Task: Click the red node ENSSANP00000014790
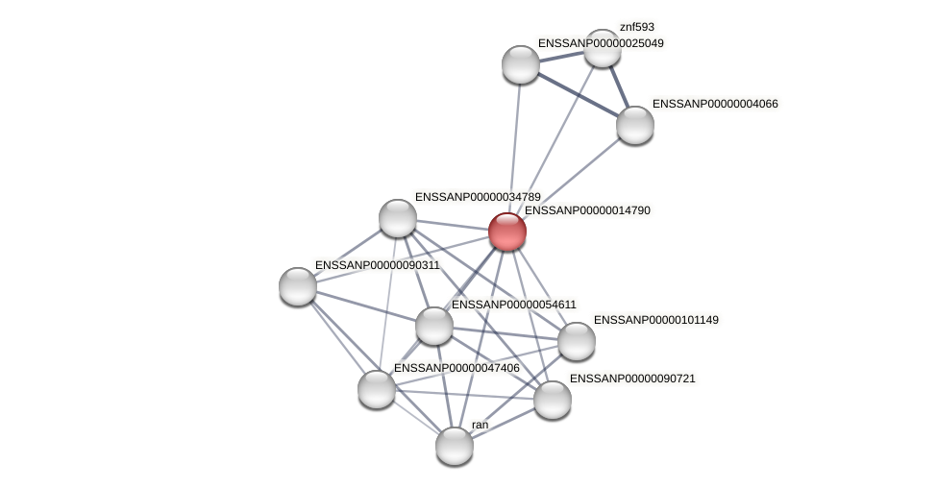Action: tap(507, 232)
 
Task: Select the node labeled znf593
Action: tap(603, 49)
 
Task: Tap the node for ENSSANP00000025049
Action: tap(521, 64)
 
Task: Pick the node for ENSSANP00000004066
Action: tap(635, 125)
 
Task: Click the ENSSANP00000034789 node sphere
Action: tap(398, 218)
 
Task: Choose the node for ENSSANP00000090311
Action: tap(298, 286)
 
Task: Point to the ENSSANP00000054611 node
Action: tap(434, 326)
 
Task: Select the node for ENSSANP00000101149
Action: tap(577, 341)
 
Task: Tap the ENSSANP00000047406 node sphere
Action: tap(377, 389)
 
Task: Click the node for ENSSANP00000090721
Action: tap(553, 400)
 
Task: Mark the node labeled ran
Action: tap(455, 446)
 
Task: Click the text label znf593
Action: tap(636, 27)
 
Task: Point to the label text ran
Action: tap(480, 425)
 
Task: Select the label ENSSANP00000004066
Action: tap(715, 104)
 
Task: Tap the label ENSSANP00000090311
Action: tap(377, 265)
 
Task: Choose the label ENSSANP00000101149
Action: tap(655, 320)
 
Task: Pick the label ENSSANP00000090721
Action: tap(631, 379)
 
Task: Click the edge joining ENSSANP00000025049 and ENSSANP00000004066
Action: tap(578, 94)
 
